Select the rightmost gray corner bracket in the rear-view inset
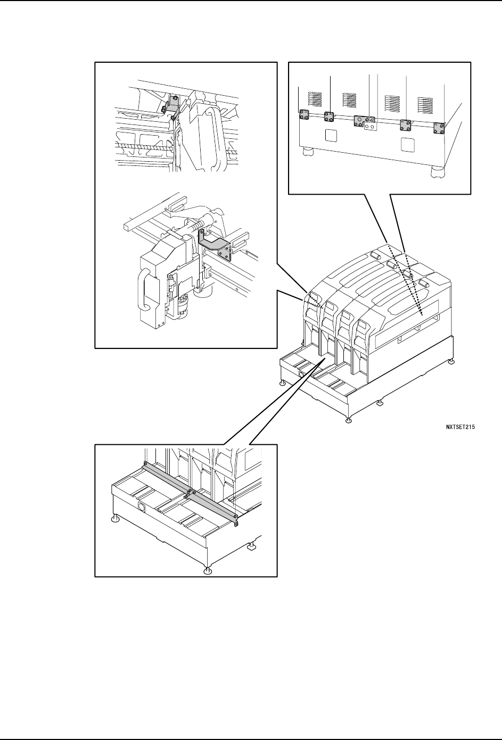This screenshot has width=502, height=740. tap(439, 128)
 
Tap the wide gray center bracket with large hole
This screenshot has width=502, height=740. tap(361, 121)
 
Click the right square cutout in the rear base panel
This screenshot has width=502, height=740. tap(407, 144)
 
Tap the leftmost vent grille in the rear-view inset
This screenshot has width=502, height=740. tap(316, 99)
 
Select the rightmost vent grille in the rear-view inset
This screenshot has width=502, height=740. tap(426, 104)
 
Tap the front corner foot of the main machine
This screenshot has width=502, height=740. tap(348, 421)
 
